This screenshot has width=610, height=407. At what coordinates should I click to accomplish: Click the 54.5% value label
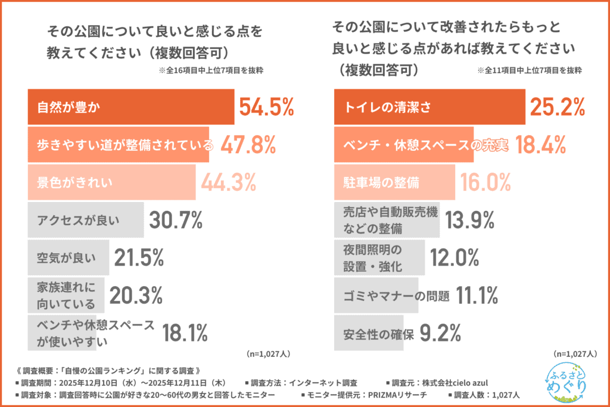266,107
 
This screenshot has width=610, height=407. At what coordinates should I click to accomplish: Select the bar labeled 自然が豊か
131,108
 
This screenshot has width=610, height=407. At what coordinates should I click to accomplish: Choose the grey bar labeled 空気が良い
69,257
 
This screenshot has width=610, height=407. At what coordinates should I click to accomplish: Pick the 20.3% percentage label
136,294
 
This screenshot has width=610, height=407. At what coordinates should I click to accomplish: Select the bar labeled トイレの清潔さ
430,108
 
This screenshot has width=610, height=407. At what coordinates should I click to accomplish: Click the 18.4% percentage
540,144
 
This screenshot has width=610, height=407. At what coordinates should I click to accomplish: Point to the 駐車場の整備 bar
394,181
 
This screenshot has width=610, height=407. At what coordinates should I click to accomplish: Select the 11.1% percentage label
477,294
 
